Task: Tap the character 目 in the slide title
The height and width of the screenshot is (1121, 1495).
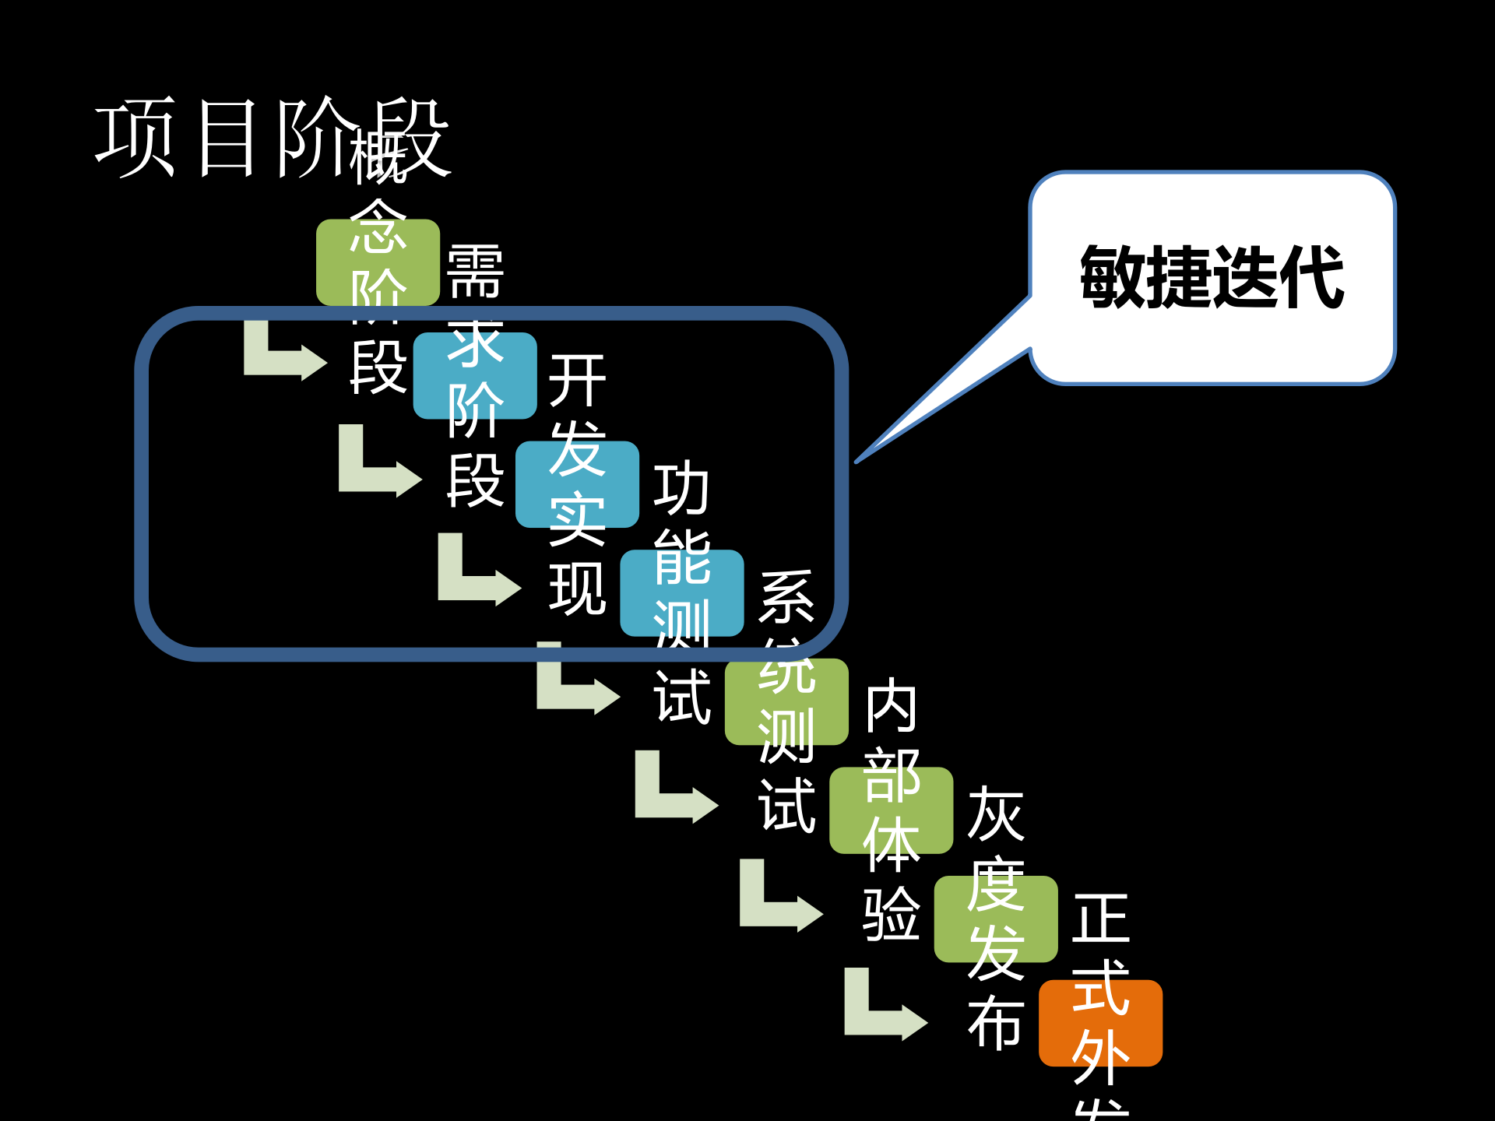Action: (x=227, y=138)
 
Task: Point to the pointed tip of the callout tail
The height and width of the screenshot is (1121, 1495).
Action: (x=857, y=462)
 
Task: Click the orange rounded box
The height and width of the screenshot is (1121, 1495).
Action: (x=1100, y=1023)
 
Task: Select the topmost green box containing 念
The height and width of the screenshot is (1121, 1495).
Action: (x=378, y=262)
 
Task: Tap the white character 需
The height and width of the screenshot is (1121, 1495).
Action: (x=475, y=272)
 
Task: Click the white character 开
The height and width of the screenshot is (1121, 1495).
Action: (x=577, y=381)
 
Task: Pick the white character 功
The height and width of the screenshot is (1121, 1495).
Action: (x=681, y=488)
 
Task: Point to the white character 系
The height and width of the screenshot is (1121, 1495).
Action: (x=786, y=597)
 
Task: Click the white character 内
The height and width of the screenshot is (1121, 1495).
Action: (x=892, y=705)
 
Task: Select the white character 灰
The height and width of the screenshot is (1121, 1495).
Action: (x=996, y=814)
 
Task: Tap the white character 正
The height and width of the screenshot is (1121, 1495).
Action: (x=1100, y=919)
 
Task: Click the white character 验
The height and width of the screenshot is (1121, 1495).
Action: (x=892, y=913)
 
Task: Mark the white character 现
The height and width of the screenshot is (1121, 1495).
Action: (x=577, y=589)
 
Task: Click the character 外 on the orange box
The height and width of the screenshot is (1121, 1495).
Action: (x=1100, y=1056)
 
